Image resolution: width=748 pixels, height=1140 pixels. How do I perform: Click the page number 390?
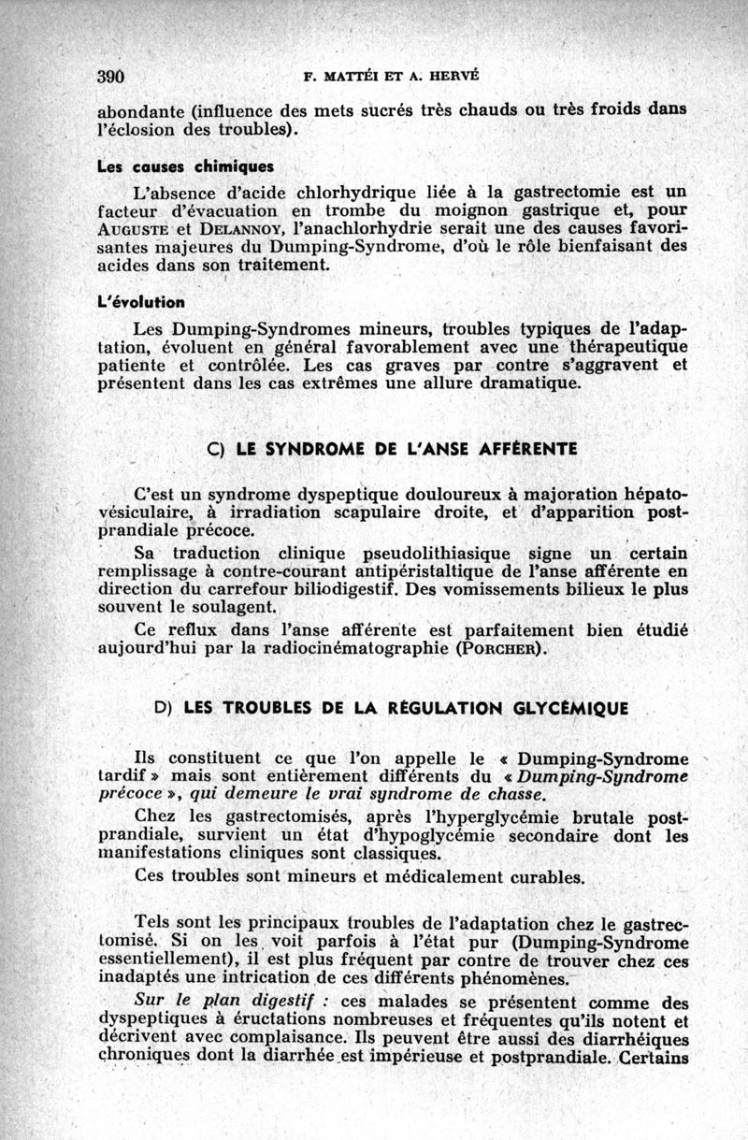[x=111, y=76]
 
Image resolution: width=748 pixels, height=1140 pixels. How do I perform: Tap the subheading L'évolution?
[x=140, y=302]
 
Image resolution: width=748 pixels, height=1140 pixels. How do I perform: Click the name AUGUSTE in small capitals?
[x=132, y=228]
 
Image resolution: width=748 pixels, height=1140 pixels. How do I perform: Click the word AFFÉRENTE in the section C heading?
[x=527, y=449]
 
